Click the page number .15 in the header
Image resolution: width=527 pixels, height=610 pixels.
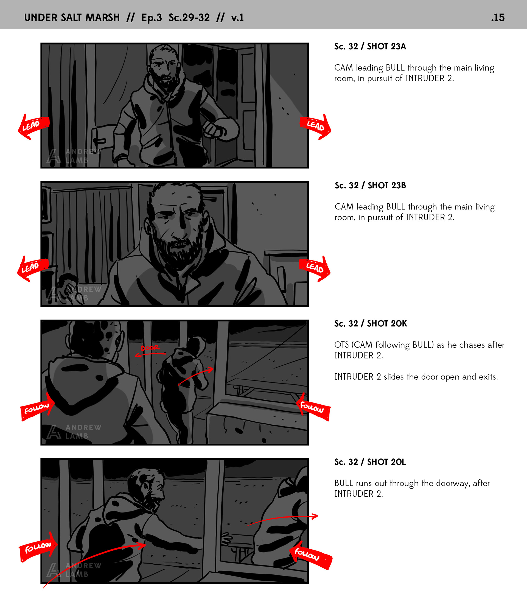pos(498,18)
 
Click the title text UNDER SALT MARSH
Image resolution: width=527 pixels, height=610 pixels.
pos(72,18)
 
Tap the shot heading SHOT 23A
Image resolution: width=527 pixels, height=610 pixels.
pos(386,46)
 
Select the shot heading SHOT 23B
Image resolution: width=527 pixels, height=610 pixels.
pos(386,186)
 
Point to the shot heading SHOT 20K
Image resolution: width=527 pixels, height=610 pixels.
pos(387,324)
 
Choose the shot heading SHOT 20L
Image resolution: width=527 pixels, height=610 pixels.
pos(386,462)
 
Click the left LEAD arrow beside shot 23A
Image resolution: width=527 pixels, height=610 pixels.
pos(33,126)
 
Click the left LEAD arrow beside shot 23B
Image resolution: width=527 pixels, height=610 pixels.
pos(33,268)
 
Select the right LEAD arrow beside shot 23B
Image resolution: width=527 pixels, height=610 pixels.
pos(315,268)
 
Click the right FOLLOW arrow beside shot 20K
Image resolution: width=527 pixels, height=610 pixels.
pos(313,407)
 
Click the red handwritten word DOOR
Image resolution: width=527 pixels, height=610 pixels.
pos(150,348)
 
